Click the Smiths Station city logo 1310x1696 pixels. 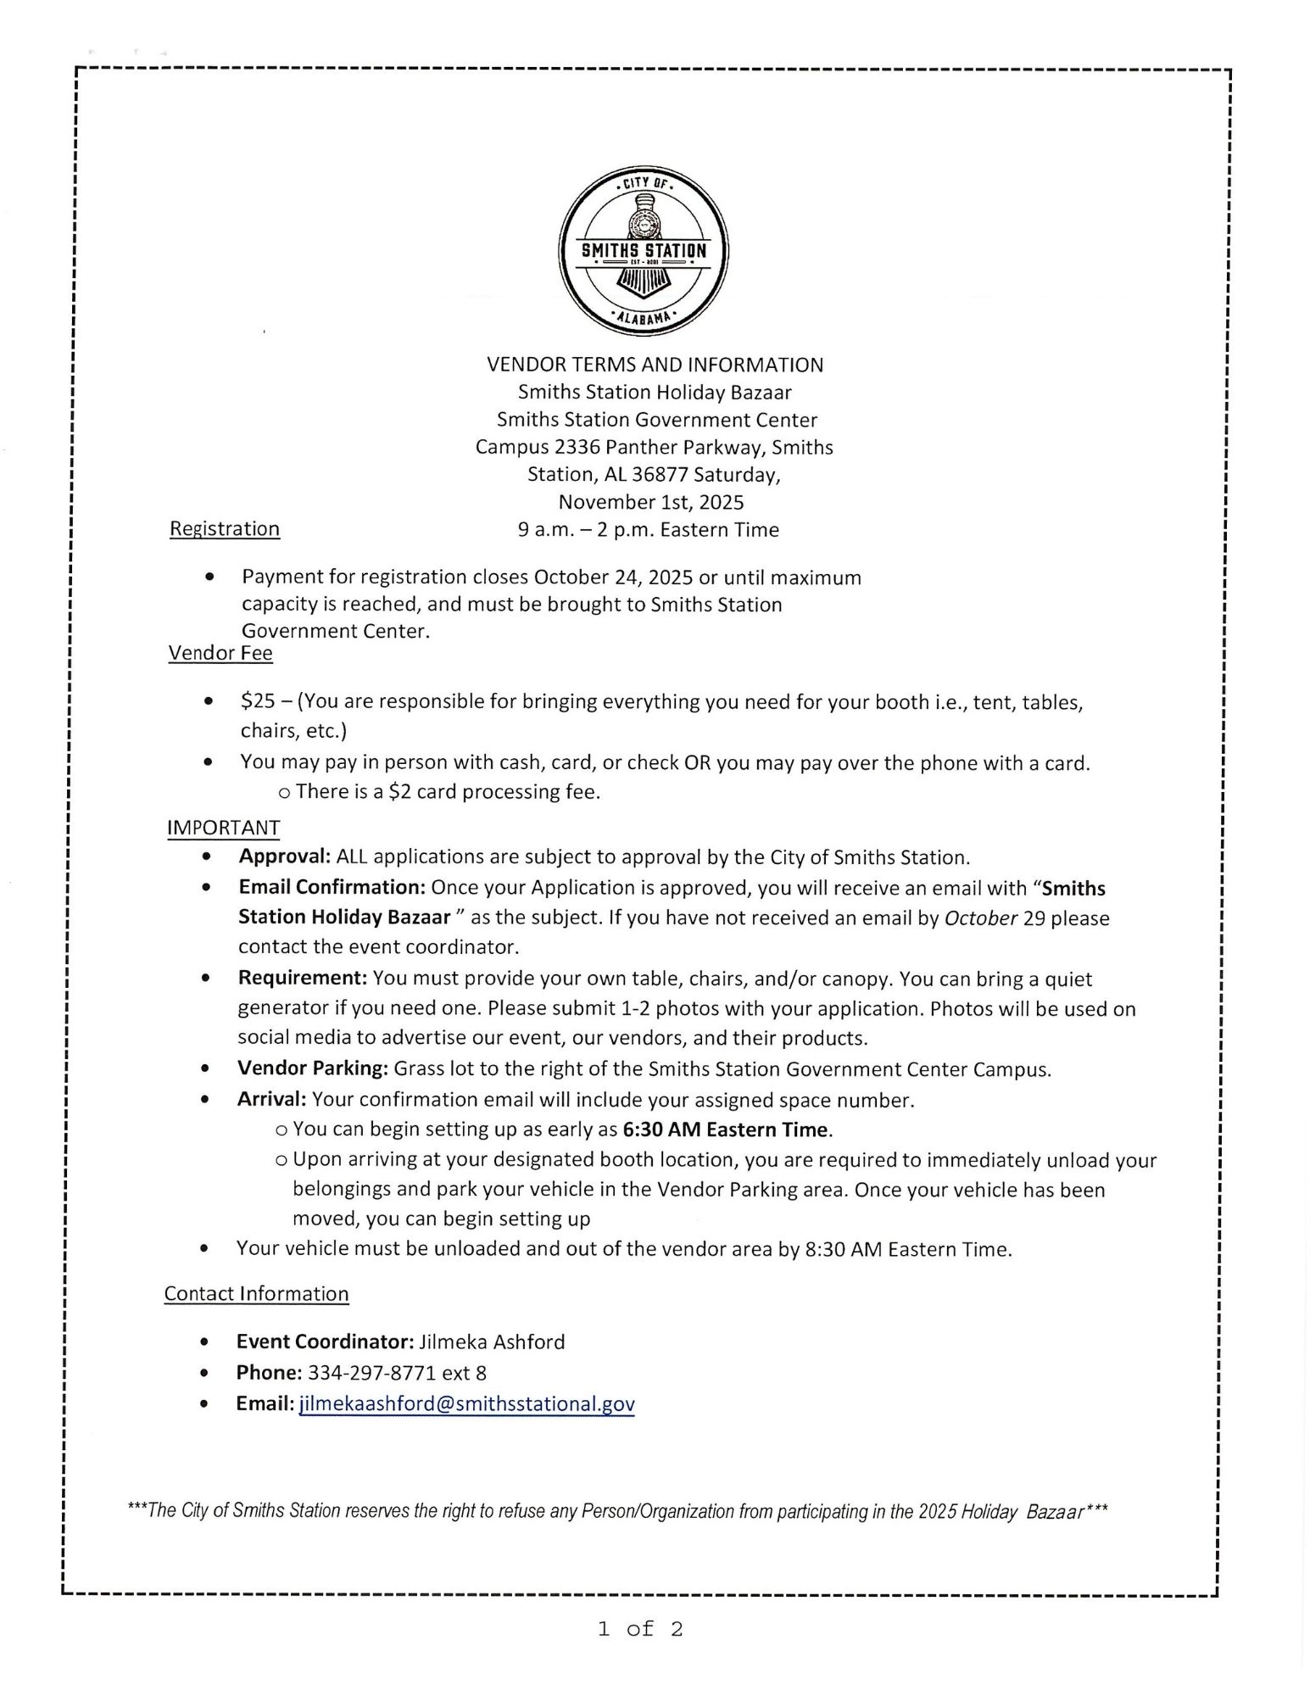[644, 251]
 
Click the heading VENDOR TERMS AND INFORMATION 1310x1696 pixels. [655, 365]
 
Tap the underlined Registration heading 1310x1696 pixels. [225, 528]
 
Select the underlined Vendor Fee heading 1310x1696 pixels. [220, 653]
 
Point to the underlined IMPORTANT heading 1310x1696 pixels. [224, 827]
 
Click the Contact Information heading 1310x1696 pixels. [257, 1293]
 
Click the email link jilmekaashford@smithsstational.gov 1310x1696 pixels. [467, 1403]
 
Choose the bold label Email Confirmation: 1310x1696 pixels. [332, 887]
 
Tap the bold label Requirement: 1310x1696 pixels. [303, 978]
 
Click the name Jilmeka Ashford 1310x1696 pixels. [492, 1342]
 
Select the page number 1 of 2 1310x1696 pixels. [640, 1628]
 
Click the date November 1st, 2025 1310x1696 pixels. [651, 502]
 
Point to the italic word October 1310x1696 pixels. [980, 918]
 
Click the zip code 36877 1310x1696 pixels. [660, 474]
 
